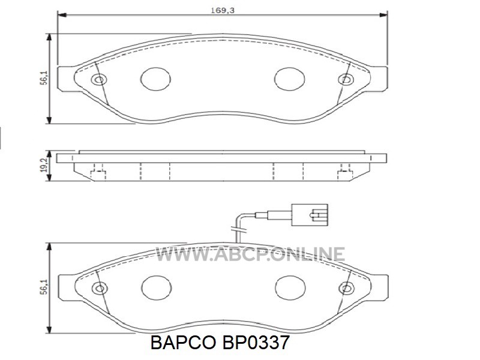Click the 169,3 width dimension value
(223, 10)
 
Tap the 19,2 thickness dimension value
(44, 166)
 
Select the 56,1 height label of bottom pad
(44, 287)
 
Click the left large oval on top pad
(155, 79)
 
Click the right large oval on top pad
(290, 79)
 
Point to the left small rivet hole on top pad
(99, 80)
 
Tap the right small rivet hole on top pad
(346, 80)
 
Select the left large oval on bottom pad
(157, 288)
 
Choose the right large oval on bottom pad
(290, 288)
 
